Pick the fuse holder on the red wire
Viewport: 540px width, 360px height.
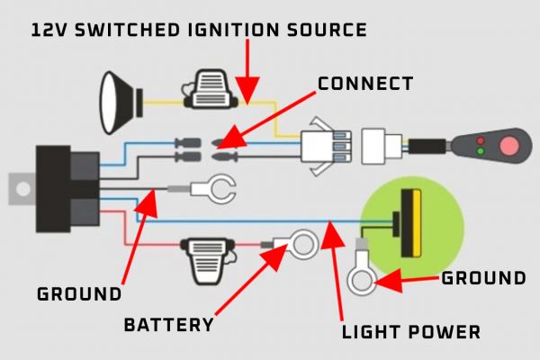pos(207,255)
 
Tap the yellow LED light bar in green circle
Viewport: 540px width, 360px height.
pos(413,220)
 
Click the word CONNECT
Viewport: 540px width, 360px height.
pos(364,84)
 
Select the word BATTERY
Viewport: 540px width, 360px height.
pos(169,324)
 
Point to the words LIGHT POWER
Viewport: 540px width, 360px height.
pos(411,332)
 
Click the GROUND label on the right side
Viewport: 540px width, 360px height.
pos(483,278)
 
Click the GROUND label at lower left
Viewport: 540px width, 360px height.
pos(78,294)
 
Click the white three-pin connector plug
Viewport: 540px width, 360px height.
pos(321,145)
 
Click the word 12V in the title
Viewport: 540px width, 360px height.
pos(49,30)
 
